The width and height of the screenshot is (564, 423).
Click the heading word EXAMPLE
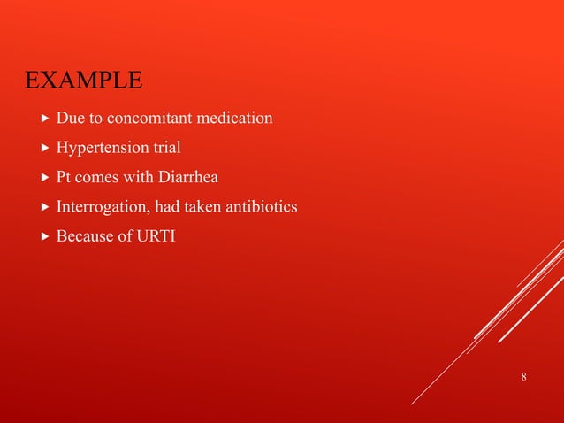pyautogui.click(x=83, y=81)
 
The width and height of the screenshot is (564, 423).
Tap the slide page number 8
pyautogui.click(x=524, y=378)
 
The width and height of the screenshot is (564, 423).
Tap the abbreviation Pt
pyautogui.click(x=65, y=179)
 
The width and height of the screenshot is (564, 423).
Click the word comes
pyautogui.click(x=100, y=179)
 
